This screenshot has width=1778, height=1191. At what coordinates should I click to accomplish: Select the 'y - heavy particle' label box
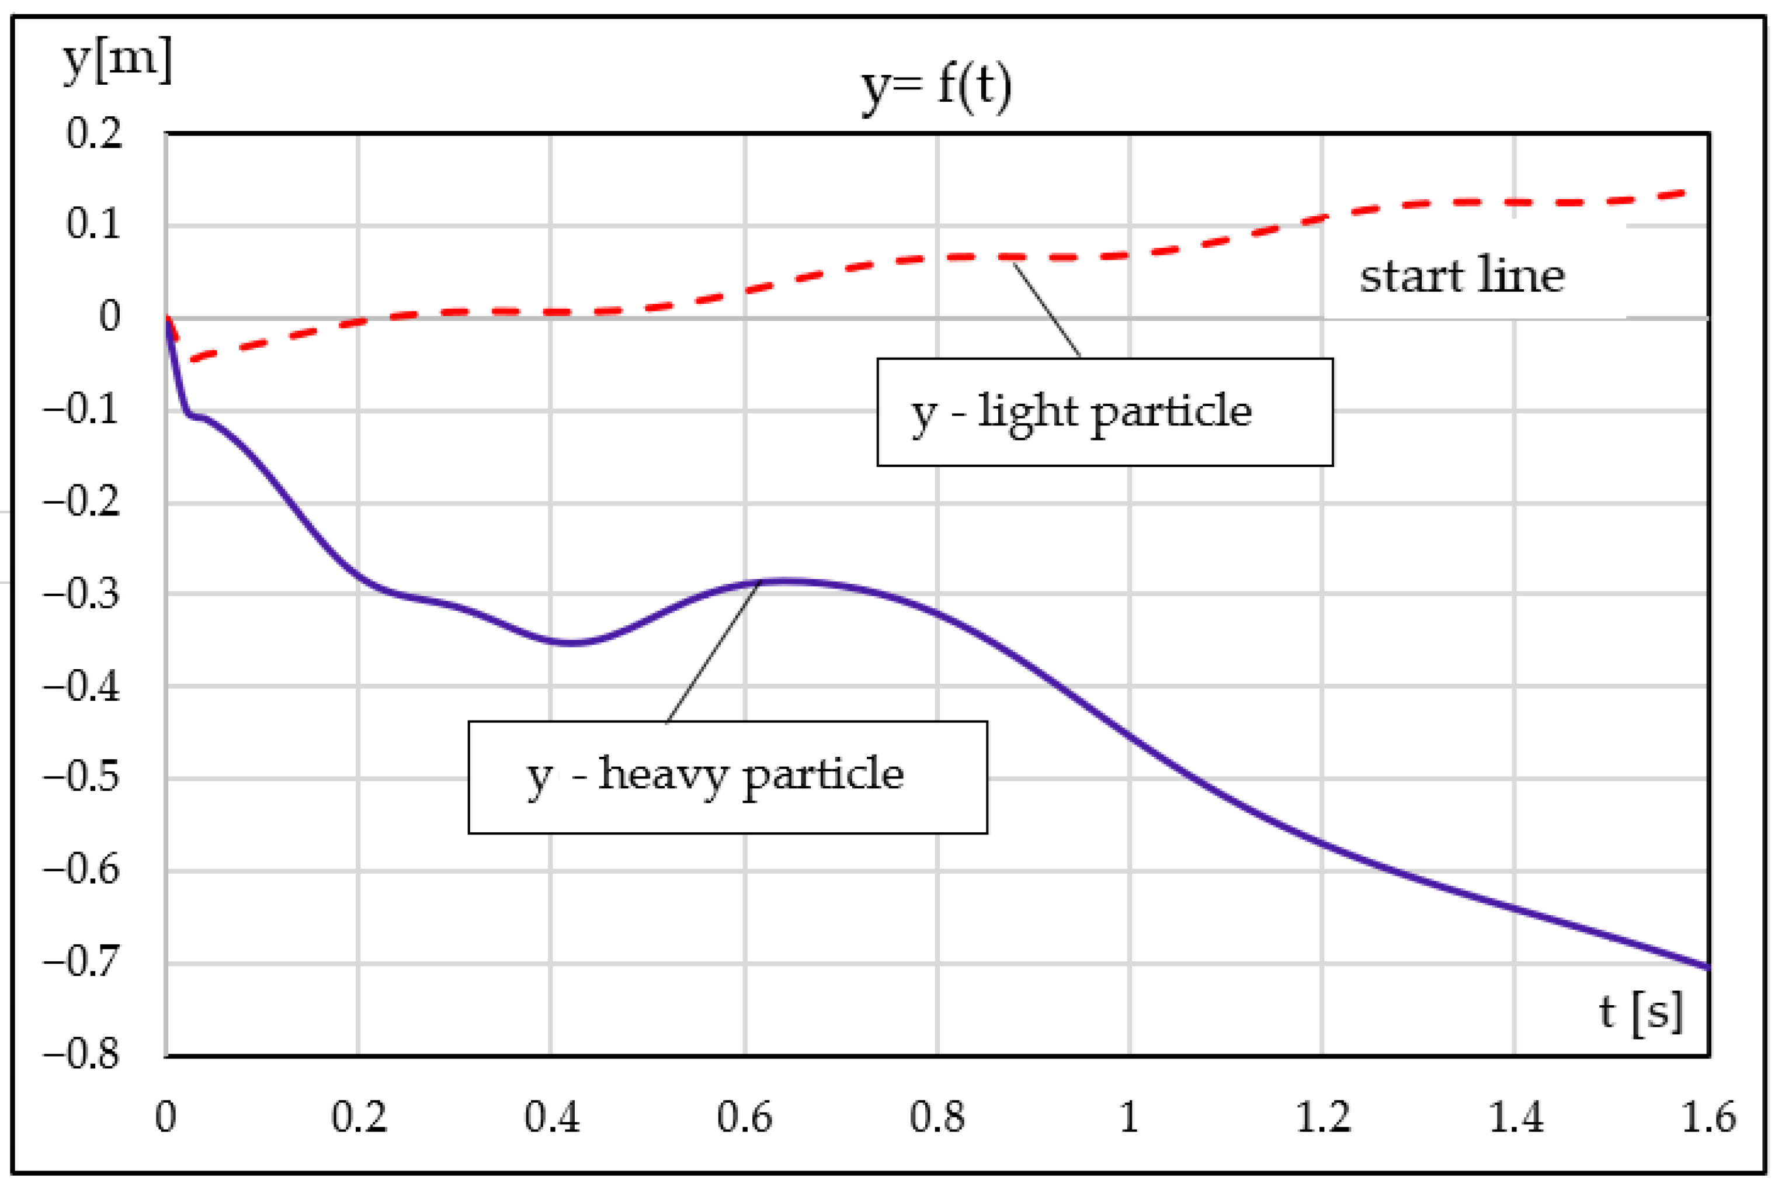tap(727, 777)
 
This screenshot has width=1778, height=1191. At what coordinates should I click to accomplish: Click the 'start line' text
tap(1461, 275)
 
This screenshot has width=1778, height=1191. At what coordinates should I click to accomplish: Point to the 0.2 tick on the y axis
tap(93, 134)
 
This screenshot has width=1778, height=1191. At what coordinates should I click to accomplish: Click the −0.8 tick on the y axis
tap(82, 1054)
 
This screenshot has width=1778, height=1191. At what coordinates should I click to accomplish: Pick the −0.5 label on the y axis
tap(82, 778)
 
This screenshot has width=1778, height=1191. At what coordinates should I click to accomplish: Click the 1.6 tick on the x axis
tap(1708, 1117)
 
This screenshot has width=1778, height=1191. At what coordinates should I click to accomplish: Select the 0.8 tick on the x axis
tap(937, 1117)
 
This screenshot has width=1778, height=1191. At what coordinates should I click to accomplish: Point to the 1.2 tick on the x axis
tap(1322, 1117)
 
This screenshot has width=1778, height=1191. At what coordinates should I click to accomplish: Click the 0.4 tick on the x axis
tap(552, 1117)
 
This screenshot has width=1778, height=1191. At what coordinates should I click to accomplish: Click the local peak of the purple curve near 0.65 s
tap(786, 582)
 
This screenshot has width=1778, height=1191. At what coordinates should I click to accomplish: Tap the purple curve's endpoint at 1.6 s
tap(1707, 967)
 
